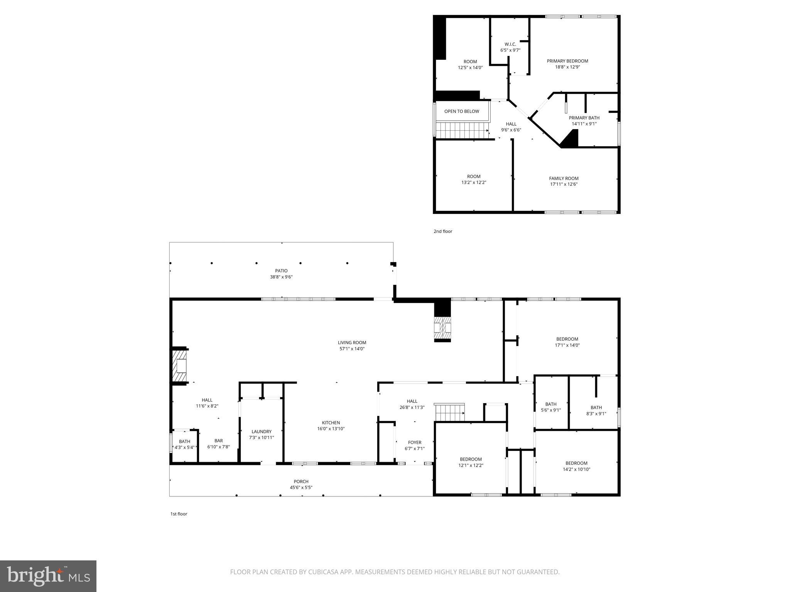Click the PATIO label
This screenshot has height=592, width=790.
click(x=281, y=271)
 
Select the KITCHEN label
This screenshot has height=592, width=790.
click(x=331, y=423)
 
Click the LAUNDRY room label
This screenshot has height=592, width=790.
click(x=262, y=432)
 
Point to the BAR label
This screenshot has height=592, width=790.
click(x=219, y=441)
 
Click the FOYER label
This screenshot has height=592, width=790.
click(x=415, y=442)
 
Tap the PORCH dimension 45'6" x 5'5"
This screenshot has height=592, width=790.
click(x=301, y=488)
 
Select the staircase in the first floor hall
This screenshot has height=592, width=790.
click(x=450, y=412)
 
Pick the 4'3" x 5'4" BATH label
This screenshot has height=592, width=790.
click(x=184, y=444)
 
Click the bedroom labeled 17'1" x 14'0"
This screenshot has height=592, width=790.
click(x=567, y=342)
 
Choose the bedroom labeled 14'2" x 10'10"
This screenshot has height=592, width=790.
click(x=576, y=466)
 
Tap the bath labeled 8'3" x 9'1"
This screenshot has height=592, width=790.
click(x=596, y=410)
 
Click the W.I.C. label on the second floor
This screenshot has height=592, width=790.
click(x=510, y=44)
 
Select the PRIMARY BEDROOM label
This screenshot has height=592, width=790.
click(x=567, y=61)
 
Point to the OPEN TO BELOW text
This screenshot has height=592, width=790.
click(x=461, y=111)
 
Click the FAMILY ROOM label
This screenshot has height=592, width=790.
click(x=564, y=178)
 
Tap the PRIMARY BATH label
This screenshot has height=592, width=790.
click(x=584, y=118)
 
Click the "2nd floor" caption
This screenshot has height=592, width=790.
click(x=442, y=231)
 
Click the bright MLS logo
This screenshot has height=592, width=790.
click(x=48, y=576)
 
